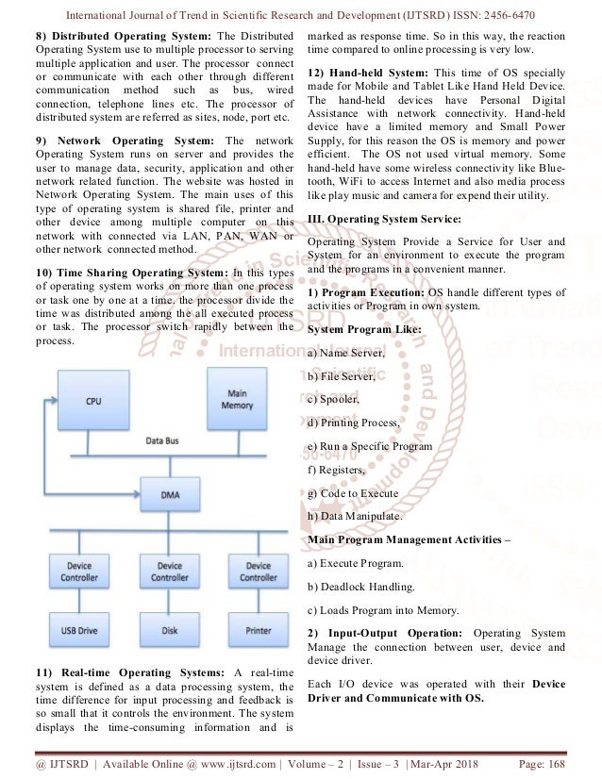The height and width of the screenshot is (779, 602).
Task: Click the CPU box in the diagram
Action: point(92,400)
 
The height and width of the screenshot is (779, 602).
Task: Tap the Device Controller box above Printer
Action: point(259,571)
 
